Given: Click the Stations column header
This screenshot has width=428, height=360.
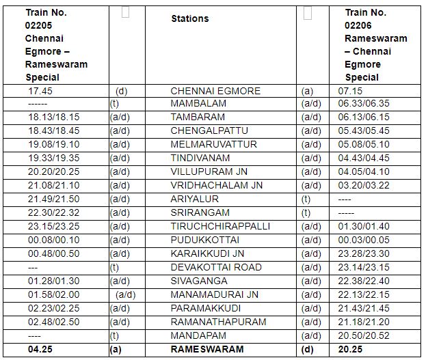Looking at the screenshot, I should (190, 18).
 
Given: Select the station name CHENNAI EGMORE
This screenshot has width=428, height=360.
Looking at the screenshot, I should (215, 90).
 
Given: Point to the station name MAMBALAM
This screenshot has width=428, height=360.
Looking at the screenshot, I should (198, 104).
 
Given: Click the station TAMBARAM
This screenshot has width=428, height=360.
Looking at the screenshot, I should (198, 117).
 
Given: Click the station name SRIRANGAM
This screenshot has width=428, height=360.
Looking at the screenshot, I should (200, 212).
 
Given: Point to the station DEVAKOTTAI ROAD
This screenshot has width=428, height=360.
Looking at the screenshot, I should (216, 267).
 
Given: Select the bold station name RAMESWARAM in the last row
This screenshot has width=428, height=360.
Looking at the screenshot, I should (206, 349).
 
